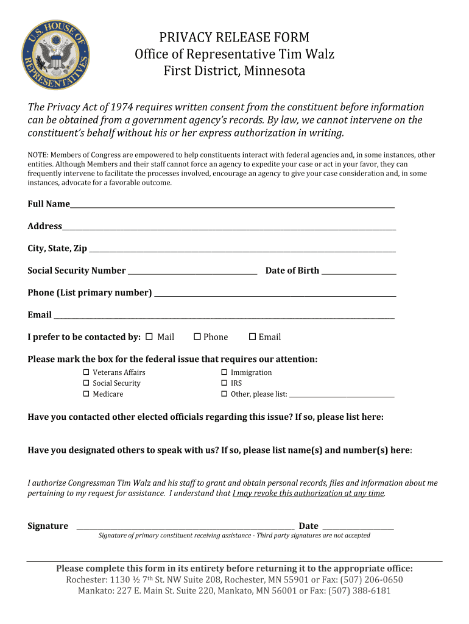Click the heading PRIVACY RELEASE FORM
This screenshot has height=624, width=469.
[234, 38]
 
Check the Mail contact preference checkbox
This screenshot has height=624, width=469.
[149, 337]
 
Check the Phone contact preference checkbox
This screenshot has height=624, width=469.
[197, 337]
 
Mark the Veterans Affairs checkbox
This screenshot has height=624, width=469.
[86, 372]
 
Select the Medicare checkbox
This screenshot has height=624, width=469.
[86, 394]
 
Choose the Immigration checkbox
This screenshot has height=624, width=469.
[224, 372]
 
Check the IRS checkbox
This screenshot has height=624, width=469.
[224, 383]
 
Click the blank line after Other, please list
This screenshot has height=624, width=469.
[342, 395]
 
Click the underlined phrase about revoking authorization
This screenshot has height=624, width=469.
[308, 494]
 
